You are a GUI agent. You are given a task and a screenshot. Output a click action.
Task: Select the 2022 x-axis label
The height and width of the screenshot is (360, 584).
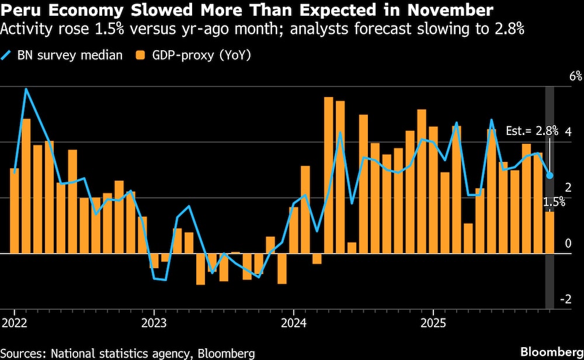(x=14, y=323)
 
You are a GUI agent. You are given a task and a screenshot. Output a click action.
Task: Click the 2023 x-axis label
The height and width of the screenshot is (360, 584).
(x=154, y=323)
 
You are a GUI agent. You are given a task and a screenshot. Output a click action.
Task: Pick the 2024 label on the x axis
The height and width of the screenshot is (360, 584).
(x=294, y=323)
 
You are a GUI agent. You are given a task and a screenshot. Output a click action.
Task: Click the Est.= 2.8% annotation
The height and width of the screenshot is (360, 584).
(x=532, y=131)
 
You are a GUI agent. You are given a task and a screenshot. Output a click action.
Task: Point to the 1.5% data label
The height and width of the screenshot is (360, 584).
(x=554, y=202)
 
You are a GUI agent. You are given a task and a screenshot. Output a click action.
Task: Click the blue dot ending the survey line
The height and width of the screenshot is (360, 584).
(x=550, y=175)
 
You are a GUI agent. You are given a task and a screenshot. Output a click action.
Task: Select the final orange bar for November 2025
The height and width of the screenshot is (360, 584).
(x=550, y=233)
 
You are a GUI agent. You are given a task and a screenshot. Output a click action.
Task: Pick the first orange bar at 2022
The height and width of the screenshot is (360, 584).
(x=15, y=210)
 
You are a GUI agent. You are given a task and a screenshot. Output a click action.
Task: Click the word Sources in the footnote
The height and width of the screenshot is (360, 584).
(x=23, y=352)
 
